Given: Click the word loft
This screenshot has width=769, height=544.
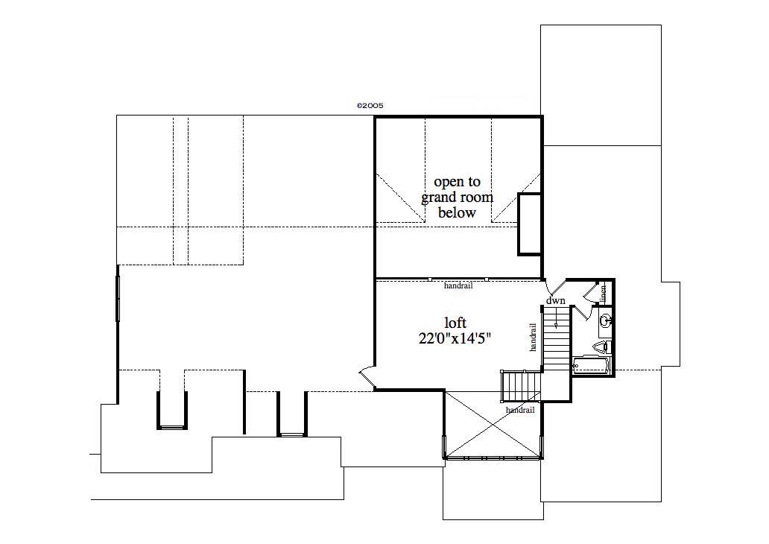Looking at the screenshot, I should [x=455, y=323].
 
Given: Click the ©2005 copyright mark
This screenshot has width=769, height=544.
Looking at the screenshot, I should [x=370, y=106].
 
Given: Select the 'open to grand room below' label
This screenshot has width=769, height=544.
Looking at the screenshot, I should [x=457, y=197].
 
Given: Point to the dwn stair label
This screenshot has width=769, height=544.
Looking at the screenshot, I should [x=556, y=300].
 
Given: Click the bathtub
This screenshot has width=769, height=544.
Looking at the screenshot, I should [x=591, y=367].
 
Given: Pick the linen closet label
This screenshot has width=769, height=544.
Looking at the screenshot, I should [x=604, y=291].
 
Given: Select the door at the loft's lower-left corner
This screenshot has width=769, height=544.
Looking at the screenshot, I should [x=366, y=378].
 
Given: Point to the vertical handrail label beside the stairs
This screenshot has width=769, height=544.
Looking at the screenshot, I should [x=533, y=337].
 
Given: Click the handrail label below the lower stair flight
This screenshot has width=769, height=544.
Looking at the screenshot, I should [x=519, y=410].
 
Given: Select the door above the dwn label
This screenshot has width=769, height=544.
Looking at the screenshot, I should [x=555, y=287].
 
